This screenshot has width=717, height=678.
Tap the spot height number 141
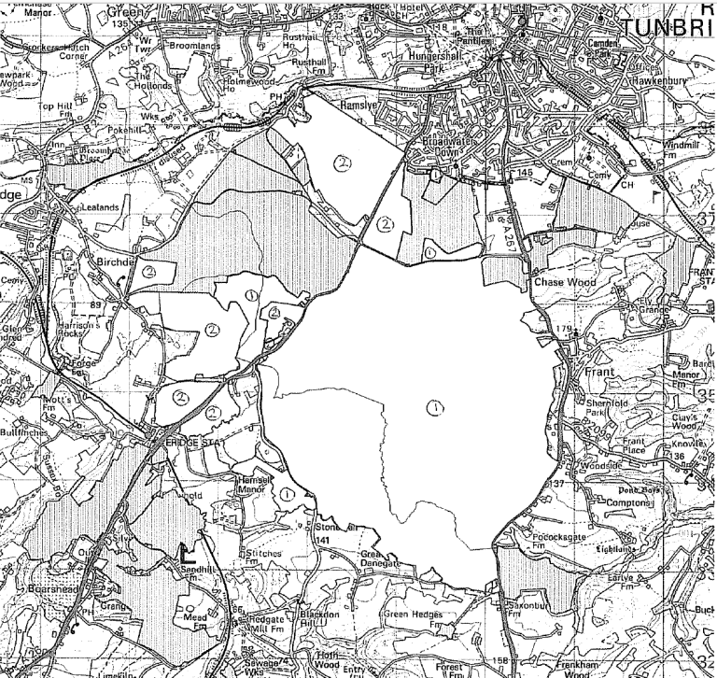click(324, 541)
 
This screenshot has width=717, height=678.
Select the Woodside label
click(598, 464)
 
